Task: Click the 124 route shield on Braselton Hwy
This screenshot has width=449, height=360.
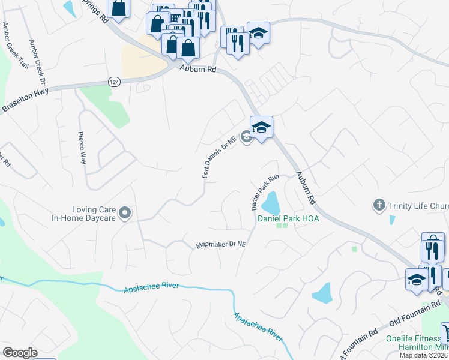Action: click(115, 81)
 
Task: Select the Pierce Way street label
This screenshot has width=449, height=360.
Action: click(83, 147)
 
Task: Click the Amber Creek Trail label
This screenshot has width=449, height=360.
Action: click(7, 44)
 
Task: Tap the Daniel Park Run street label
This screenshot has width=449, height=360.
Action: click(265, 192)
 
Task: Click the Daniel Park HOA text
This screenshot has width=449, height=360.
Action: click(288, 218)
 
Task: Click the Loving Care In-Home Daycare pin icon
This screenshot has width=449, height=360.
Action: click(124, 213)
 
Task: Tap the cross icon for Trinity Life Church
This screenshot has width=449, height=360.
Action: click(379, 206)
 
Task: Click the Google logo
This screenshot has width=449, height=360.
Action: click(20, 353)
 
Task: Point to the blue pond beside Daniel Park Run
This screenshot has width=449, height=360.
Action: click(271, 202)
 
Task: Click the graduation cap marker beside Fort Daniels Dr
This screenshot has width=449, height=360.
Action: click(261, 127)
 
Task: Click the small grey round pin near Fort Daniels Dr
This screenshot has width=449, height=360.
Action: click(246, 137)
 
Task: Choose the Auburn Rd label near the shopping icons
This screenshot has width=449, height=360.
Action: click(198, 70)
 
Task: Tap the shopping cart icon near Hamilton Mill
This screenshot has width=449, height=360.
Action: click(446, 332)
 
